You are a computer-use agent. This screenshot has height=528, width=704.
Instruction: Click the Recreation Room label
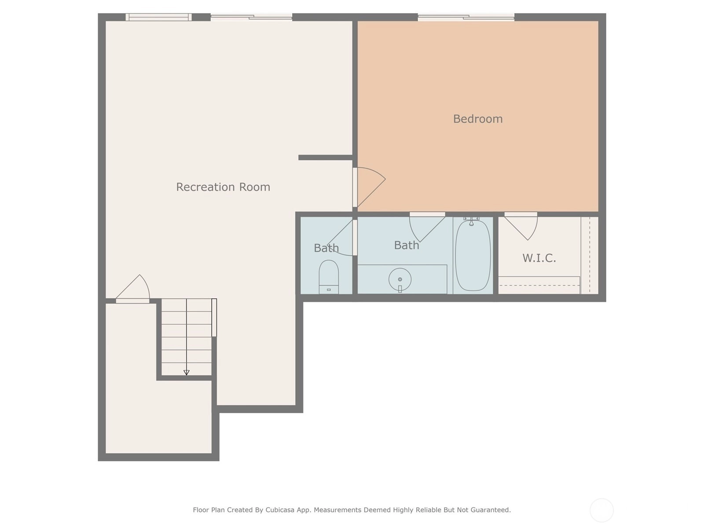(223, 187)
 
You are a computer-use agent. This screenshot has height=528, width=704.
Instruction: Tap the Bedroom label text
(477, 119)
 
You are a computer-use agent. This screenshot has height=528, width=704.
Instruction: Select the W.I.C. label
(539, 258)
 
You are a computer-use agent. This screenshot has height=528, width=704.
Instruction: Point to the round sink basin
(400, 279)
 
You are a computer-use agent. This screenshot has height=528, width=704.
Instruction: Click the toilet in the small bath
(329, 277)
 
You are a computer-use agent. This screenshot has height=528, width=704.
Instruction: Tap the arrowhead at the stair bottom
(187, 372)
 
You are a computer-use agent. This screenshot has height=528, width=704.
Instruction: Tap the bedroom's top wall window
(466, 17)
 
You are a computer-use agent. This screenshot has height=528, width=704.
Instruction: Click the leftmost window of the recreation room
(158, 17)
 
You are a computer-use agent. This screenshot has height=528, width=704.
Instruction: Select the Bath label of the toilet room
(326, 248)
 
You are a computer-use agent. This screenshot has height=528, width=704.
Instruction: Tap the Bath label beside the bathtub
(407, 245)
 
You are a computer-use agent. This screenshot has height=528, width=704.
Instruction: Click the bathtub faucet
(471, 221)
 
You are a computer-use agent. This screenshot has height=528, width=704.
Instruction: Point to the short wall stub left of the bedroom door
(325, 158)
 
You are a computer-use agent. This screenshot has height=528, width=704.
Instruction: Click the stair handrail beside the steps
(214, 317)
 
